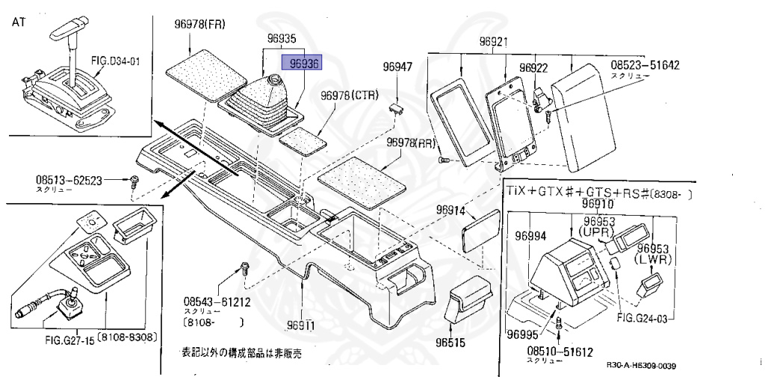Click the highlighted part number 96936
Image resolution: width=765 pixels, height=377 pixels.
pyautogui.click(x=300, y=65)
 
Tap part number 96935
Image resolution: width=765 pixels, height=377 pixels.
pyautogui.click(x=282, y=35)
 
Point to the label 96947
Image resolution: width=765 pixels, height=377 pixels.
pyautogui.click(x=397, y=67)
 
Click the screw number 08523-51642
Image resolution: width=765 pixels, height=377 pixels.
pyautogui.click(x=645, y=66)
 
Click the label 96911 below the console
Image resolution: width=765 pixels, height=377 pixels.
pyautogui.click(x=302, y=325)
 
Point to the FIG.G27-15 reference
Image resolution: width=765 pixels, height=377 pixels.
pyautogui.click(x=70, y=337)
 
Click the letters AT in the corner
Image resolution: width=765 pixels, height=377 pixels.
pyautogui.click(x=19, y=22)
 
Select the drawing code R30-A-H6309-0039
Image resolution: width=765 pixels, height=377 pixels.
pyautogui.click(x=646, y=365)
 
